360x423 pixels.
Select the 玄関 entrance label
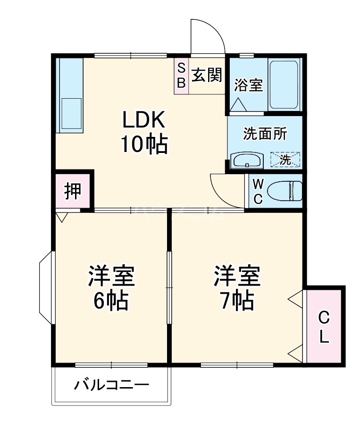click(x=207, y=75)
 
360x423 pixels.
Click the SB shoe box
click(x=181, y=76)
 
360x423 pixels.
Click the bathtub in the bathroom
click(x=284, y=84)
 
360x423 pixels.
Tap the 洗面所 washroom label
click(x=265, y=134)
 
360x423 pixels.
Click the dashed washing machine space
click(x=285, y=159)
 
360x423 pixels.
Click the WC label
click(x=258, y=191)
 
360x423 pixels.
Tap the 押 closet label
click(x=72, y=191)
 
